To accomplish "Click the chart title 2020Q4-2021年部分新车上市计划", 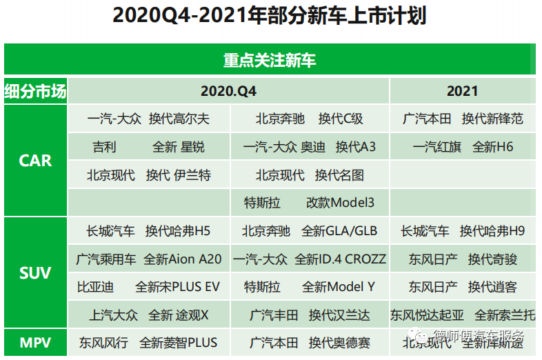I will click(270, 17).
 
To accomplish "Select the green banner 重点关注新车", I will click(270, 60).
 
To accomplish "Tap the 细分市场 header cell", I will click(35, 91).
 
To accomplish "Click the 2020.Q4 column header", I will click(228, 91).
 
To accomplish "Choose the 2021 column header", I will click(462, 91).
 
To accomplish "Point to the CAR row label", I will click(35, 161).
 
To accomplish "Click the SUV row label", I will click(35, 273).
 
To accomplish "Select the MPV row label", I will click(35, 342).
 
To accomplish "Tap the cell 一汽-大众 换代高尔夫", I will click(148, 119).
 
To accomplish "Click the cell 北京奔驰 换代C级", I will click(309, 119).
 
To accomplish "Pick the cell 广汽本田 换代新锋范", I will click(463, 119).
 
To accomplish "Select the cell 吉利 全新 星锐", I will click(148, 147).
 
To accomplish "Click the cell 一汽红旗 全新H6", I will click(463, 147).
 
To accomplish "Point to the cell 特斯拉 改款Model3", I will click(309, 203).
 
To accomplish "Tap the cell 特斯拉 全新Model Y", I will click(309, 287).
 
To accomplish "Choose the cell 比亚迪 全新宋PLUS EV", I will click(148, 287).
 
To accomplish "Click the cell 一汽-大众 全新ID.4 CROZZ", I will click(309, 259).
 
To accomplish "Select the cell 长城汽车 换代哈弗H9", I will click(463, 231).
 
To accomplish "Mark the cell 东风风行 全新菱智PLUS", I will click(148, 342).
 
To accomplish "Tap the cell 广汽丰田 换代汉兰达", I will click(309, 315).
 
